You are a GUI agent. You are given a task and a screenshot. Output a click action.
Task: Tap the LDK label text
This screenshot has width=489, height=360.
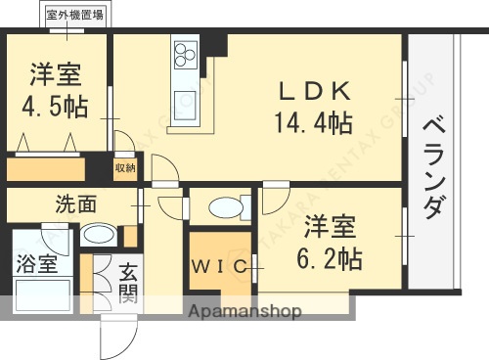point(314,90)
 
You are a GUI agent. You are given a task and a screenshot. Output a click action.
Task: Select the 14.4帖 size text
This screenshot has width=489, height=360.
point(314,123)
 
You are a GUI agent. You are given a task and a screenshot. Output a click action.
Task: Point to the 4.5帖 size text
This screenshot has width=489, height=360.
point(55,108)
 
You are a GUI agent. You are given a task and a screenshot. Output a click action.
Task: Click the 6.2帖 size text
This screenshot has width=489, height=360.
point(332,257)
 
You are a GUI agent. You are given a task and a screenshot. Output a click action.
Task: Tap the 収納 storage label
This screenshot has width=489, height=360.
point(125,167)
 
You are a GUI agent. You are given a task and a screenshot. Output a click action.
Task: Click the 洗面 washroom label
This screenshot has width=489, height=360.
point(75,205)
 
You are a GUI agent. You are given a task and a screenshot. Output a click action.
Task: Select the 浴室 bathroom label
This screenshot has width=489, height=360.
point(35,262)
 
